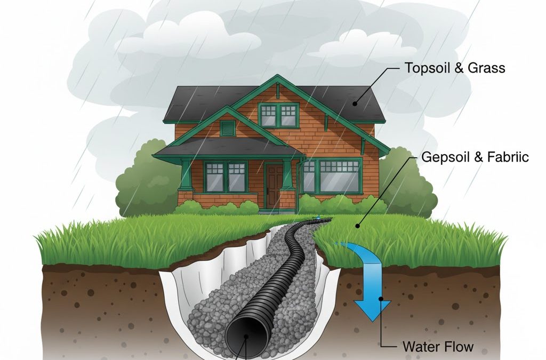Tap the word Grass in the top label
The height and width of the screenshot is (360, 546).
486,68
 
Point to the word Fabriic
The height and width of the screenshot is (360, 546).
504,157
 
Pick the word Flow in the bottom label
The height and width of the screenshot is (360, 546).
459,346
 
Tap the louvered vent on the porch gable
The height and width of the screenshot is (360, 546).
228,128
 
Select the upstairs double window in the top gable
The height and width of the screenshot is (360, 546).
278,115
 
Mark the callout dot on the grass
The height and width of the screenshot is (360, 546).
358,226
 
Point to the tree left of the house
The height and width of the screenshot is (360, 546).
140,179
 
